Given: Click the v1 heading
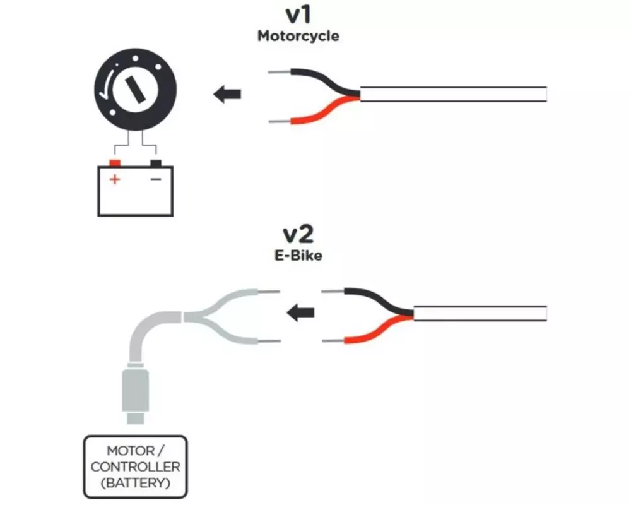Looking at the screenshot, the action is pos(298,15).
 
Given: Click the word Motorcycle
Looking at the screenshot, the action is pos(298,36).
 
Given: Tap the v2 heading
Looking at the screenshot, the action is pos(298,234).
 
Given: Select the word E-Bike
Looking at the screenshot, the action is pos(298,255).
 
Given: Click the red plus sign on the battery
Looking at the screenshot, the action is pos(115,179).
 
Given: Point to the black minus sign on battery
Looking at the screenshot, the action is pos(156,179).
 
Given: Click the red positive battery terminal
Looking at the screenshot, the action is pos(115,163).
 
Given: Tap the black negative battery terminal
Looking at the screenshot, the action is pos(156,163).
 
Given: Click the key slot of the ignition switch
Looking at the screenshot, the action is pos(134,90).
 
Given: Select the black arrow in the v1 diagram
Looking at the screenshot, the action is pos(227,95).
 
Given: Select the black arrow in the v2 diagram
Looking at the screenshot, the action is pos(300,312).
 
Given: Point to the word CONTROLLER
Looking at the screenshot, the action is pos(135,466).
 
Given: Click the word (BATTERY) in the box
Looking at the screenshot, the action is pos(135,482).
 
